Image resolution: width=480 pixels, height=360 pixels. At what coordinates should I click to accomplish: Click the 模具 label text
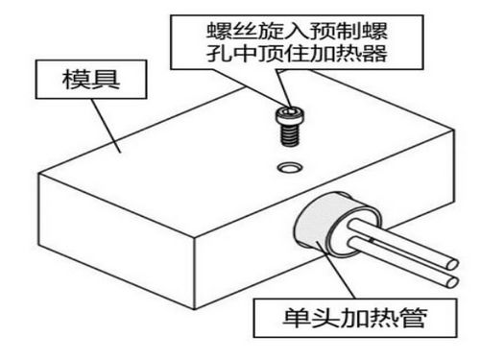click(91, 80)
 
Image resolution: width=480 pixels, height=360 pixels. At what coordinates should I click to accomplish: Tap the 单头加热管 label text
click(355, 318)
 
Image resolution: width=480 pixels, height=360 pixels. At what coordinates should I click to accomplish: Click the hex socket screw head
click(290, 115)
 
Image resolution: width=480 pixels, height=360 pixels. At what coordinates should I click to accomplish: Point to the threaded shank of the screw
click(290, 135)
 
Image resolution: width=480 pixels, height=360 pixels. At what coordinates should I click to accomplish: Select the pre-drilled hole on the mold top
click(290, 167)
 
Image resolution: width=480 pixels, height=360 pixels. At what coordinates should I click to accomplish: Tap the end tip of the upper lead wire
click(453, 265)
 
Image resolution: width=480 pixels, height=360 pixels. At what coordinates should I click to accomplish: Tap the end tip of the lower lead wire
click(452, 281)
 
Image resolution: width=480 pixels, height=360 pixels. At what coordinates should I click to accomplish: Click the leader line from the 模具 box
click(107, 126)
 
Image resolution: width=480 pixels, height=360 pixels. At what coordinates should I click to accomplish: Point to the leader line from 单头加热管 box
click(336, 271)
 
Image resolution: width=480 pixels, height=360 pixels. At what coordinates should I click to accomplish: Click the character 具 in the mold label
click(106, 80)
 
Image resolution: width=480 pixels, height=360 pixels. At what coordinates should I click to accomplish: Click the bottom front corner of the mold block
click(195, 309)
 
